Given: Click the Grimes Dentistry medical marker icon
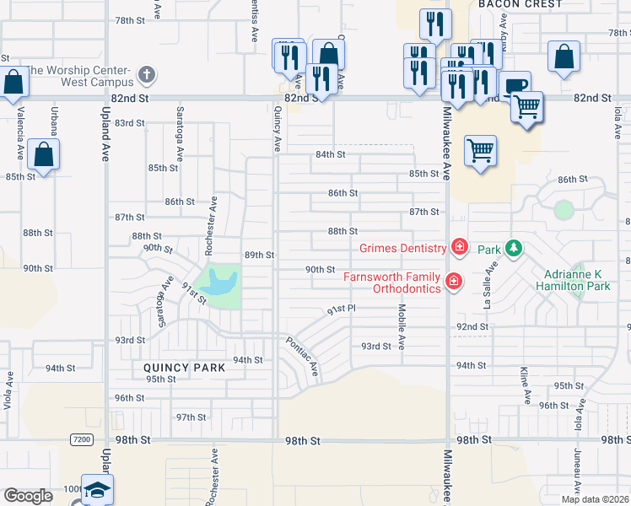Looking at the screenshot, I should tap(459, 247).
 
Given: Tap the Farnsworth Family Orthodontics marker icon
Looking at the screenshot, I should tap(454, 280).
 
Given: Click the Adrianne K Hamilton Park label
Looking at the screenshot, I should tap(577, 280).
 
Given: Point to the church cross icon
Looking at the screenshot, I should tap(147, 75).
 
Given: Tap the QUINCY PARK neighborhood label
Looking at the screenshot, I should tap(184, 368).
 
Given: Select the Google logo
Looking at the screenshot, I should tap(28, 496).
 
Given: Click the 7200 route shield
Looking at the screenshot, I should tap(82, 439).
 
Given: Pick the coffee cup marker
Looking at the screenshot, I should tap(515, 86).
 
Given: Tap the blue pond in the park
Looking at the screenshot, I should tap(219, 282).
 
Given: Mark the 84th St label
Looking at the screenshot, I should tap(331, 154).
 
